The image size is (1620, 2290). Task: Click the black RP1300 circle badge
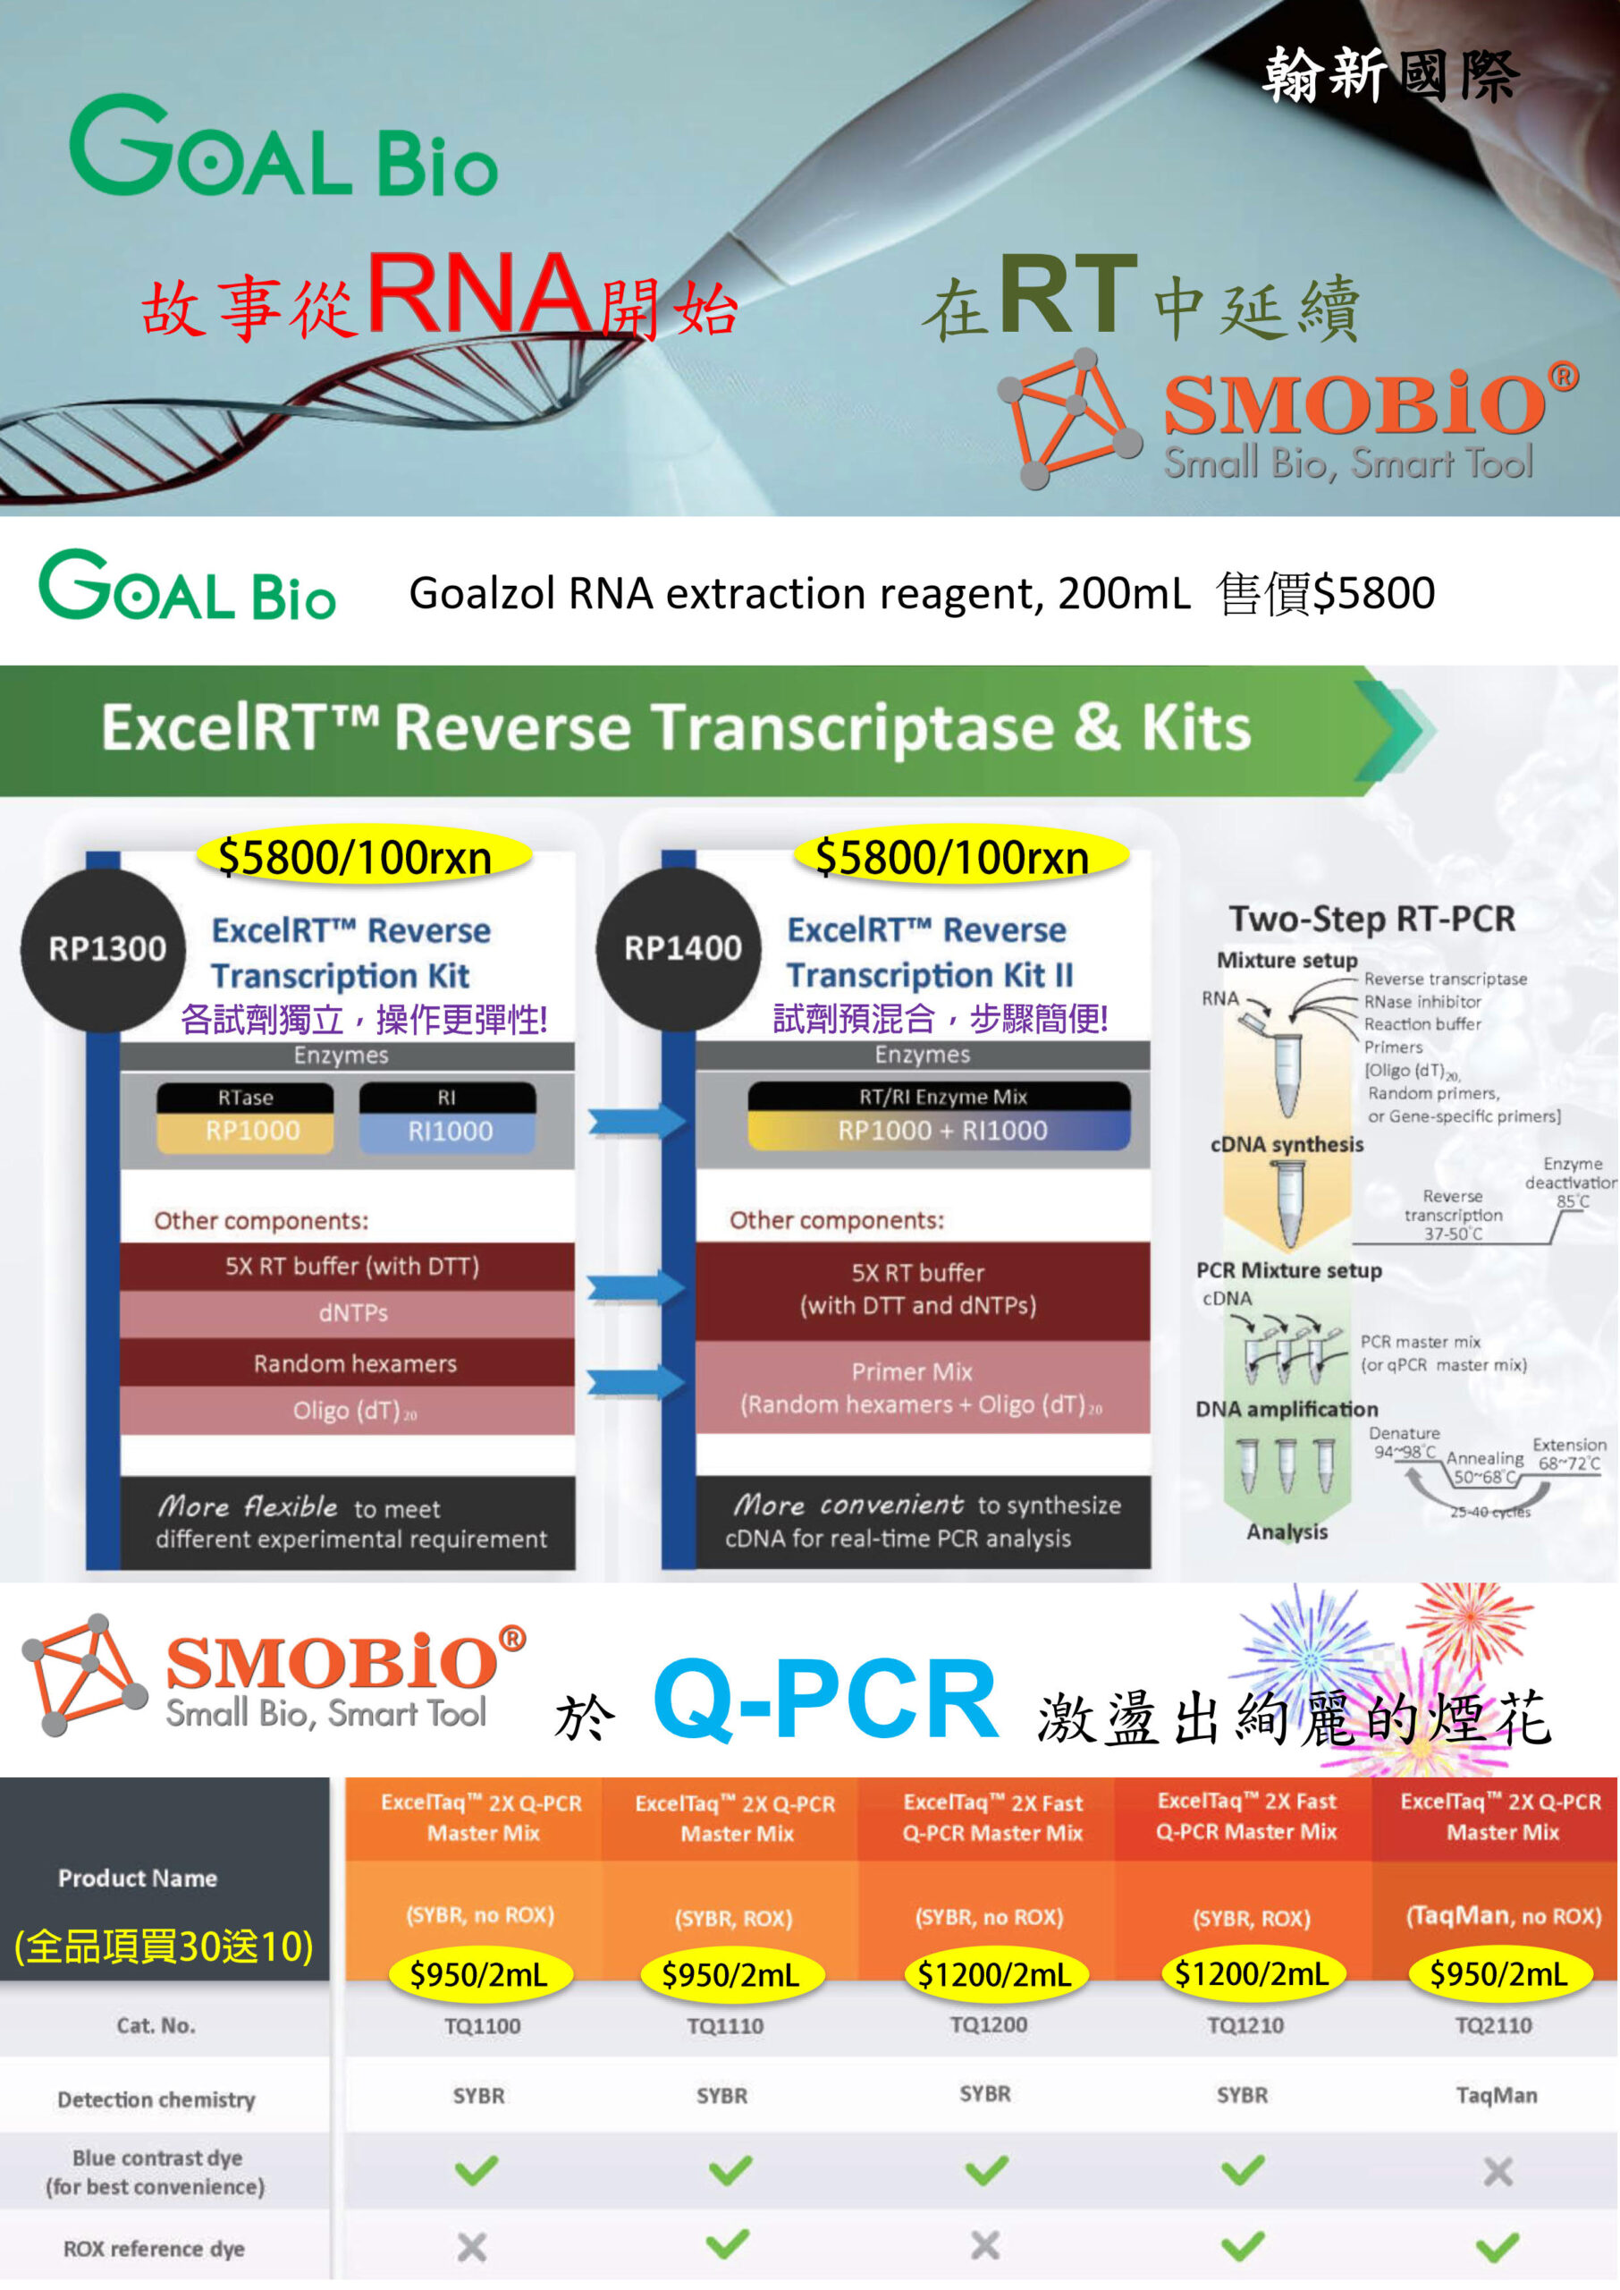click(x=104, y=949)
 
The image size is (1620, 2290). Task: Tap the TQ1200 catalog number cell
click(x=988, y=2024)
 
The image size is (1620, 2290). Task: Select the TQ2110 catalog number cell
click(x=1493, y=2024)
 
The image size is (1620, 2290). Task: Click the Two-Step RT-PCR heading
click(x=1371, y=919)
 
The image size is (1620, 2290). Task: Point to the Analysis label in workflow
click(x=1287, y=1531)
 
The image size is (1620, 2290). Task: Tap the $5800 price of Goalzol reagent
click(x=1373, y=593)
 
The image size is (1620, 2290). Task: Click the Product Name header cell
click(x=138, y=1878)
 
